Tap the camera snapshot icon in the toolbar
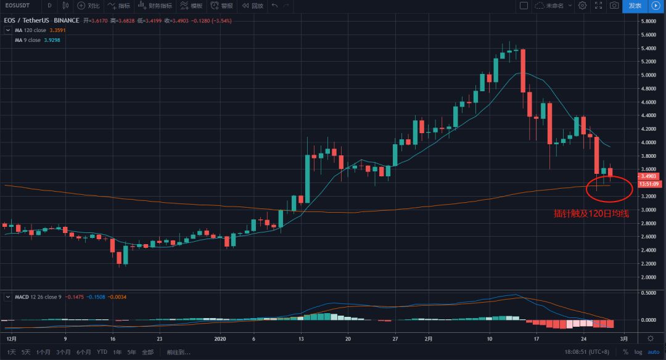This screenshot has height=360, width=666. pyautogui.click(x=614, y=6)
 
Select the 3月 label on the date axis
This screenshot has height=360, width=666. pyautogui.click(x=623, y=338)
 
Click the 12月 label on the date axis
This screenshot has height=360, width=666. pyautogui.click(x=11, y=338)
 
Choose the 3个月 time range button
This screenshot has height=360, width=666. pyautogui.click(x=63, y=352)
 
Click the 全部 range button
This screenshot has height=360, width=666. pyautogui.click(x=147, y=352)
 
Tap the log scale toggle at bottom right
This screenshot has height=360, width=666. pyautogui.click(x=638, y=352)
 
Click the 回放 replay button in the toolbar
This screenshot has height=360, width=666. pyautogui.click(x=253, y=6)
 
